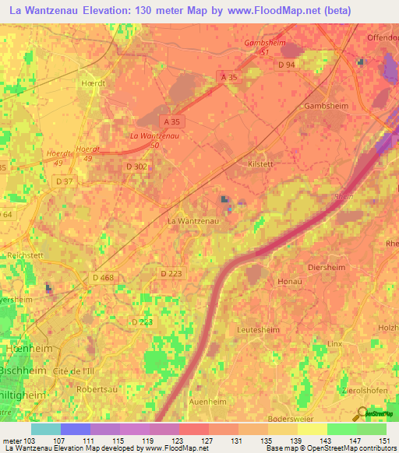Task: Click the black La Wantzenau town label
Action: [193, 221]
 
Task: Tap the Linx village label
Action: [335, 343]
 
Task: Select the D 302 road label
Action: [136, 166]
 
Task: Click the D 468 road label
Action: [103, 278]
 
